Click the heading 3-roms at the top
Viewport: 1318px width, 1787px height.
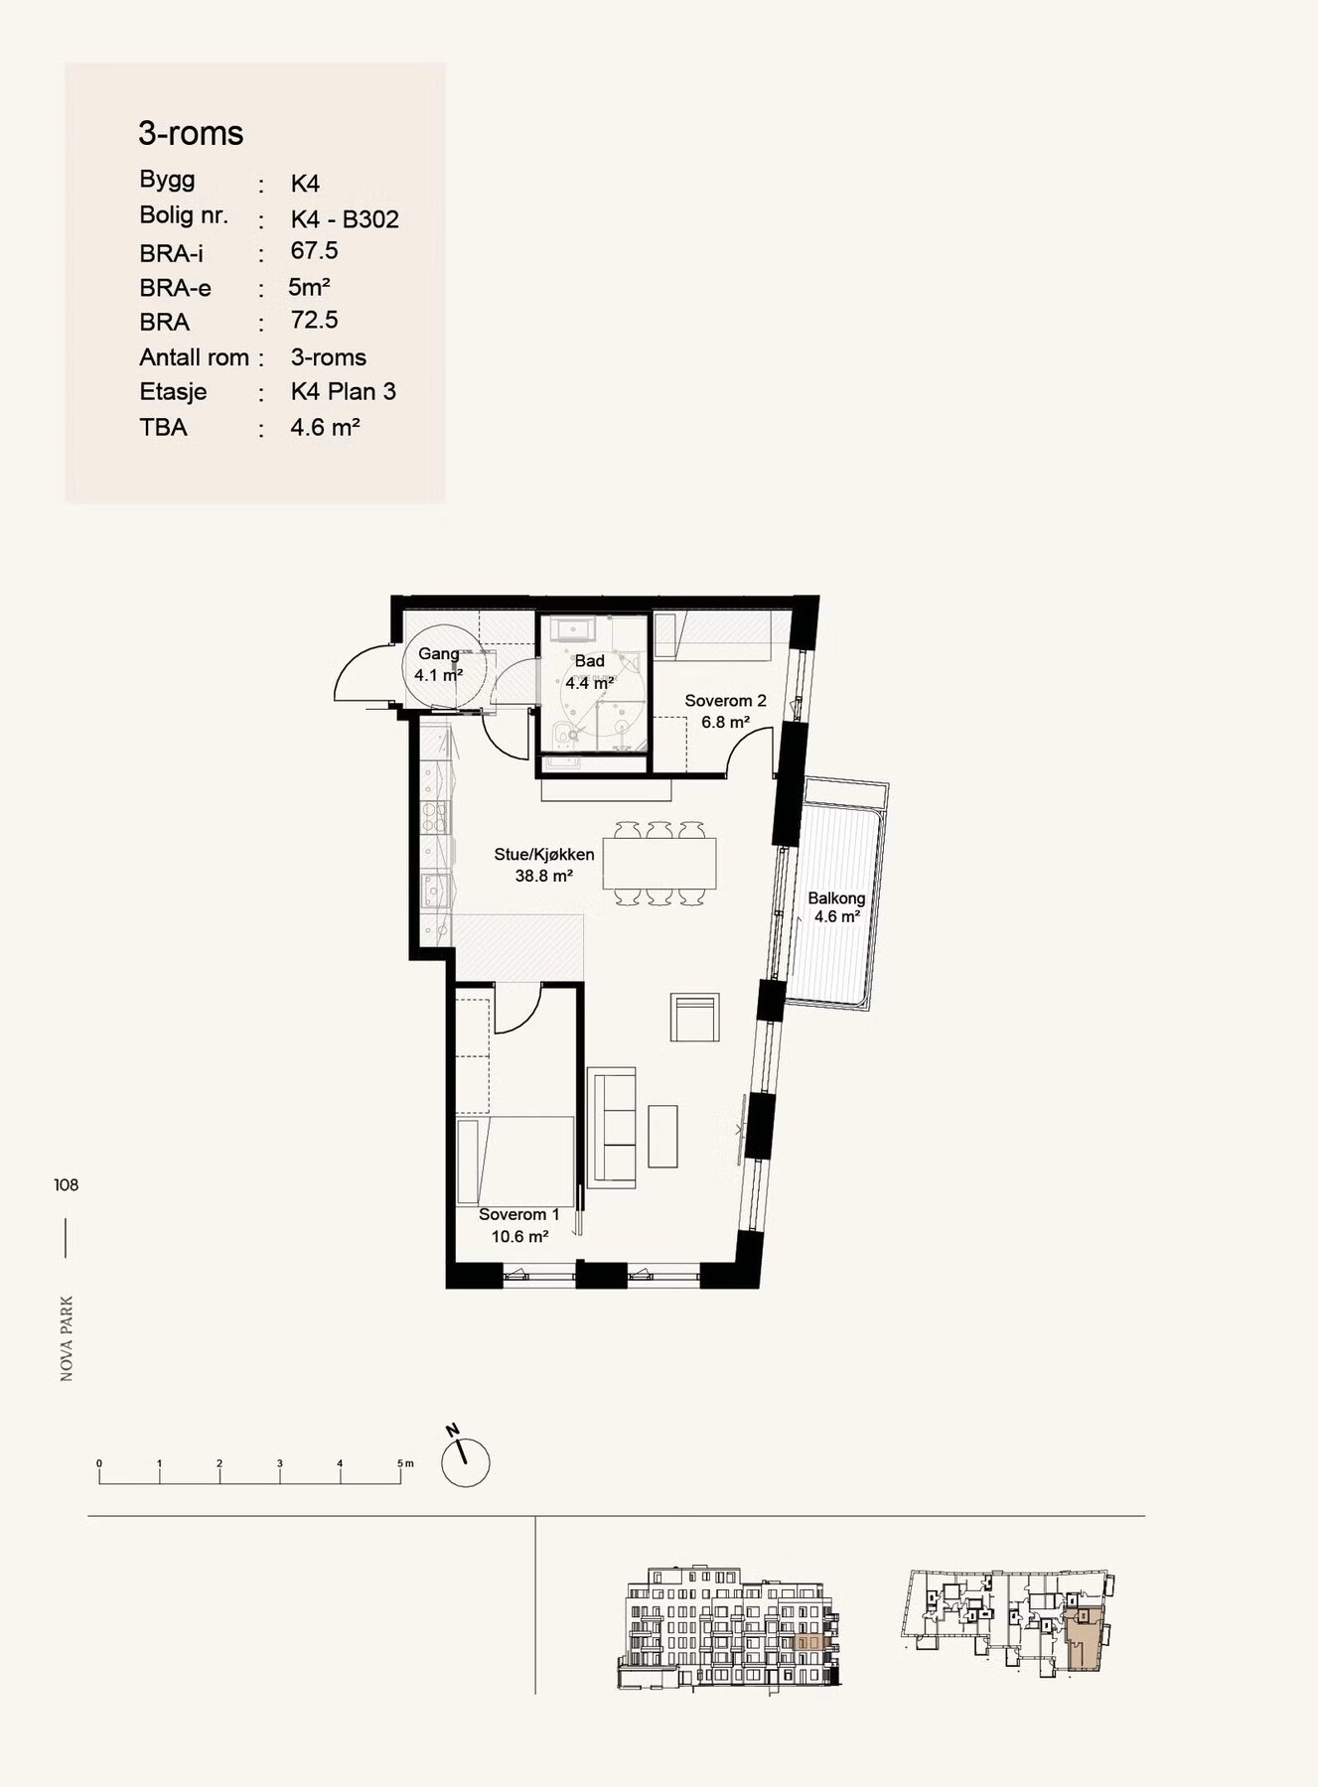coord(191,133)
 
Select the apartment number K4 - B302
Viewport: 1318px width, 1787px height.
coord(345,218)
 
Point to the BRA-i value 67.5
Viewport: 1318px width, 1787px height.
coord(314,251)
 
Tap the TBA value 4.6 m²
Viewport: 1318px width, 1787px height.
coord(325,427)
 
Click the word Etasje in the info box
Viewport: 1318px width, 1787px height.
coord(173,392)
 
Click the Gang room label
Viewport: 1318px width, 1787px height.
coord(438,653)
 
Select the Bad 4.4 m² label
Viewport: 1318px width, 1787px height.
coord(589,672)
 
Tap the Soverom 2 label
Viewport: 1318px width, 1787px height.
coord(725,701)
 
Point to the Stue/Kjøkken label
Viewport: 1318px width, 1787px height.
coord(544,855)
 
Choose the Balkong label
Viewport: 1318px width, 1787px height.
coord(836,898)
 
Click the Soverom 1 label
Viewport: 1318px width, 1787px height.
coord(519,1214)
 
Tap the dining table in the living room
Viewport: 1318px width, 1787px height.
coord(659,864)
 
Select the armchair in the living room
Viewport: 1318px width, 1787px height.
coord(694,1017)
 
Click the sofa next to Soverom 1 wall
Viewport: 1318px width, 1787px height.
coord(612,1127)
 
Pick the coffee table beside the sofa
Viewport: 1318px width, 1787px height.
coord(662,1137)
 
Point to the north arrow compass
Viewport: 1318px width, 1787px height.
coord(464,1458)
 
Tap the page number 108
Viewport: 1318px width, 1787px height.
coord(67,1184)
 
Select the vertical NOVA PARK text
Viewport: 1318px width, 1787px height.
coord(67,1338)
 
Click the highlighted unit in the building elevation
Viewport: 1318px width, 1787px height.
coord(810,1642)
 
